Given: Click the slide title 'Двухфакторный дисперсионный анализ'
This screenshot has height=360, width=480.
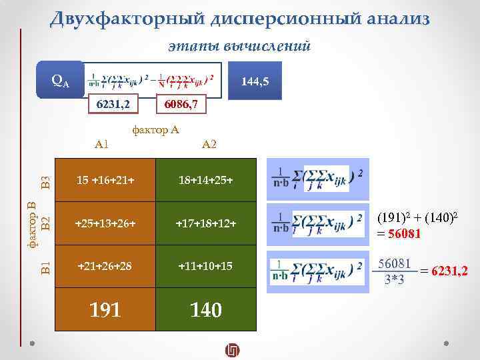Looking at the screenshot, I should [239, 18].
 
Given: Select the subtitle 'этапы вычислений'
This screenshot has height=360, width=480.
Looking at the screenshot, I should [239, 46].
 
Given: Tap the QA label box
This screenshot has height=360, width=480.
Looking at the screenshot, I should [60, 80].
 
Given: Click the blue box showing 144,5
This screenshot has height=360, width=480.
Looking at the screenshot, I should [255, 81].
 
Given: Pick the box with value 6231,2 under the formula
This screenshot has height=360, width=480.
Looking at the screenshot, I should [113, 105].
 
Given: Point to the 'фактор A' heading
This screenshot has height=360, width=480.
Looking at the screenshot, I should [156, 130].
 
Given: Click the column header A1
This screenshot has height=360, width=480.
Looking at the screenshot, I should [102, 143].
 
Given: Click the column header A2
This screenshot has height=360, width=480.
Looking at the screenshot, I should [209, 143].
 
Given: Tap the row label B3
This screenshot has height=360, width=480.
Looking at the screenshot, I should [45, 181].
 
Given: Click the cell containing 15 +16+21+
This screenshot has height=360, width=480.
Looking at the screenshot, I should [105, 181].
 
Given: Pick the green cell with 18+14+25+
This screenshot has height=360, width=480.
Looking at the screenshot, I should [205, 181].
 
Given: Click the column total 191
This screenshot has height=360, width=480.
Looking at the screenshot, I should [105, 309].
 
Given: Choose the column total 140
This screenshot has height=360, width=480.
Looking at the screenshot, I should [205, 309].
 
